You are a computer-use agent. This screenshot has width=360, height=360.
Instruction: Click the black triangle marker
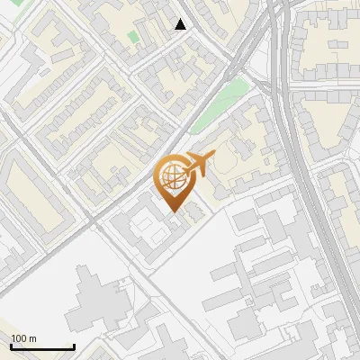(x=181, y=25)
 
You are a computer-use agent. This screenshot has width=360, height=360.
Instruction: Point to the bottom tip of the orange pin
(x=173, y=212)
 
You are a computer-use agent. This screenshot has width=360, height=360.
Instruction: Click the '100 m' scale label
(x=23, y=338)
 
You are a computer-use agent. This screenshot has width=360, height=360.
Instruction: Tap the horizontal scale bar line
(x=42, y=347)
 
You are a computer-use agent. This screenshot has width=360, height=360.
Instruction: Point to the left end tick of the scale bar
(x=12, y=346)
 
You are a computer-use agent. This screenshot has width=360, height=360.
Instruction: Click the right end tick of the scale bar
(x=74, y=346)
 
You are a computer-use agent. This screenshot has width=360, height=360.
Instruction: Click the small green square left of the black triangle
(x=133, y=37)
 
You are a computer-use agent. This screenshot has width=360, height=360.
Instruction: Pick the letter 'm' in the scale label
(x=32, y=338)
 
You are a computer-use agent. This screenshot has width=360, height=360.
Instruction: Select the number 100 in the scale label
(x=19, y=338)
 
